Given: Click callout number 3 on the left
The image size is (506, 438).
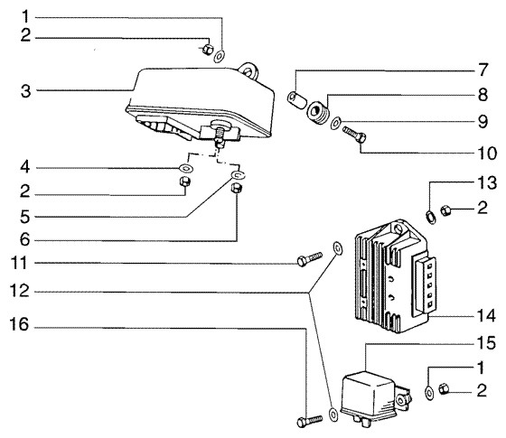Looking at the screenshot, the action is (x=26, y=91).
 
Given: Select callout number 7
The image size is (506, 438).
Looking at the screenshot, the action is (x=483, y=70).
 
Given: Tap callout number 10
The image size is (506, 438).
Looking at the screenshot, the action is (x=487, y=154).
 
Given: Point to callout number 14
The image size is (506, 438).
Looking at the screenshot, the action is (x=486, y=315).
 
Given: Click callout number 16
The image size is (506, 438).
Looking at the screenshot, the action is (x=19, y=324).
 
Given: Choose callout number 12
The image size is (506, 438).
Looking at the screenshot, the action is (x=19, y=291).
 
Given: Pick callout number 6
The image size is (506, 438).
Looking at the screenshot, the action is (x=25, y=240).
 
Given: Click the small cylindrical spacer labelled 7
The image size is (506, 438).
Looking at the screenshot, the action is (x=297, y=99).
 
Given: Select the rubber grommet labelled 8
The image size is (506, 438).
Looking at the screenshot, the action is (x=317, y=113).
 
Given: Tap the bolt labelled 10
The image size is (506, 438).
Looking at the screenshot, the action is (x=354, y=135).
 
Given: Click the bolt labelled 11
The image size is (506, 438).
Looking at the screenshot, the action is (x=309, y=259).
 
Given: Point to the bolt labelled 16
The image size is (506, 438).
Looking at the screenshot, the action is (x=309, y=421).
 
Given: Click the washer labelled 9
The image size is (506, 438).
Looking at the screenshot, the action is (x=336, y=123).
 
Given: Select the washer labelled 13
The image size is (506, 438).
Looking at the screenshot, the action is (x=431, y=217).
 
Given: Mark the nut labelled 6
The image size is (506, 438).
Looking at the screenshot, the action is (x=237, y=188).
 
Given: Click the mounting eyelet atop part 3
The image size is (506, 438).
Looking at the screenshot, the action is (x=249, y=70).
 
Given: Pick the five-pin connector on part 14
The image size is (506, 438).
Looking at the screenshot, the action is (x=426, y=285).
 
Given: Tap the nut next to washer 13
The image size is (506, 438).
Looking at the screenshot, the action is (x=445, y=210).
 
